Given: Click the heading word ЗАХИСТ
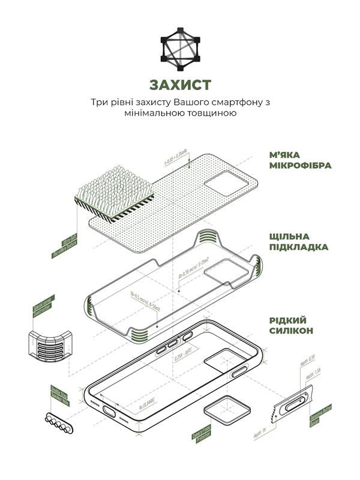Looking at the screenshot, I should click(x=180, y=82).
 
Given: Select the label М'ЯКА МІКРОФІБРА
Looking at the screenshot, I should click(x=299, y=159).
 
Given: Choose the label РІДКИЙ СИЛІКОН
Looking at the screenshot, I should click(x=291, y=325).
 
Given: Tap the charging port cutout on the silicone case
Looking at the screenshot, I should click(x=110, y=411).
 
